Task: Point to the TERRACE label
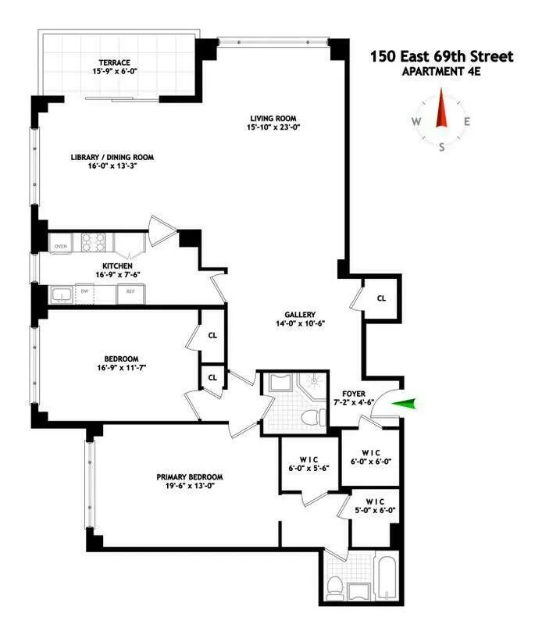tap(114, 62)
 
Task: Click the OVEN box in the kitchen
tap(60, 248)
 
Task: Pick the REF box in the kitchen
tap(127, 294)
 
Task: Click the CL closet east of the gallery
tap(380, 298)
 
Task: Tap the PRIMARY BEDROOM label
tap(189, 477)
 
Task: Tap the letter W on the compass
tap(415, 122)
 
